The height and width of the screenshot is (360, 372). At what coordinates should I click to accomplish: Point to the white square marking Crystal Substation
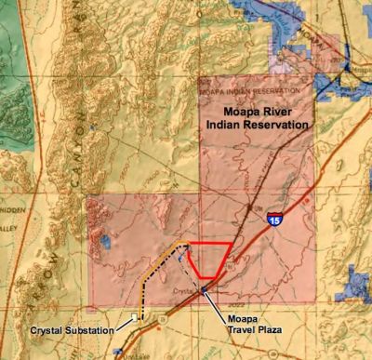tap(135, 318)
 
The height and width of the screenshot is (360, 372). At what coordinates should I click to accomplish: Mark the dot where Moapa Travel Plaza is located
tap(205, 289)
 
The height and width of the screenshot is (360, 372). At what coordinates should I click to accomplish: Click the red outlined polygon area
tap(208, 261)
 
